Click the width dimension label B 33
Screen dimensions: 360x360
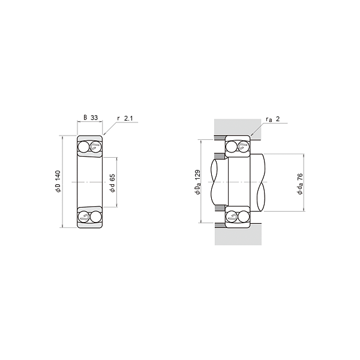click(x=91, y=118)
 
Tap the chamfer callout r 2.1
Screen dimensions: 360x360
click(x=125, y=118)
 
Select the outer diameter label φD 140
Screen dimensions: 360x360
click(x=58, y=181)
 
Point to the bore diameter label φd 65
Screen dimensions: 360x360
click(x=112, y=183)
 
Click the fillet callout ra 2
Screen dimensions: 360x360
click(x=273, y=119)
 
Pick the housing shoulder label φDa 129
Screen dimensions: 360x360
click(x=198, y=182)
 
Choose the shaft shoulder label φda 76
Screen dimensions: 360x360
click(x=300, y=184)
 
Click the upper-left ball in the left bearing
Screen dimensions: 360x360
click(x=83, y=147)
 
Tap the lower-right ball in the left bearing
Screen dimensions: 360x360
click(x=96, y=217)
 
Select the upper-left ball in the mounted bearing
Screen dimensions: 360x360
click(x=231, y=146)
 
